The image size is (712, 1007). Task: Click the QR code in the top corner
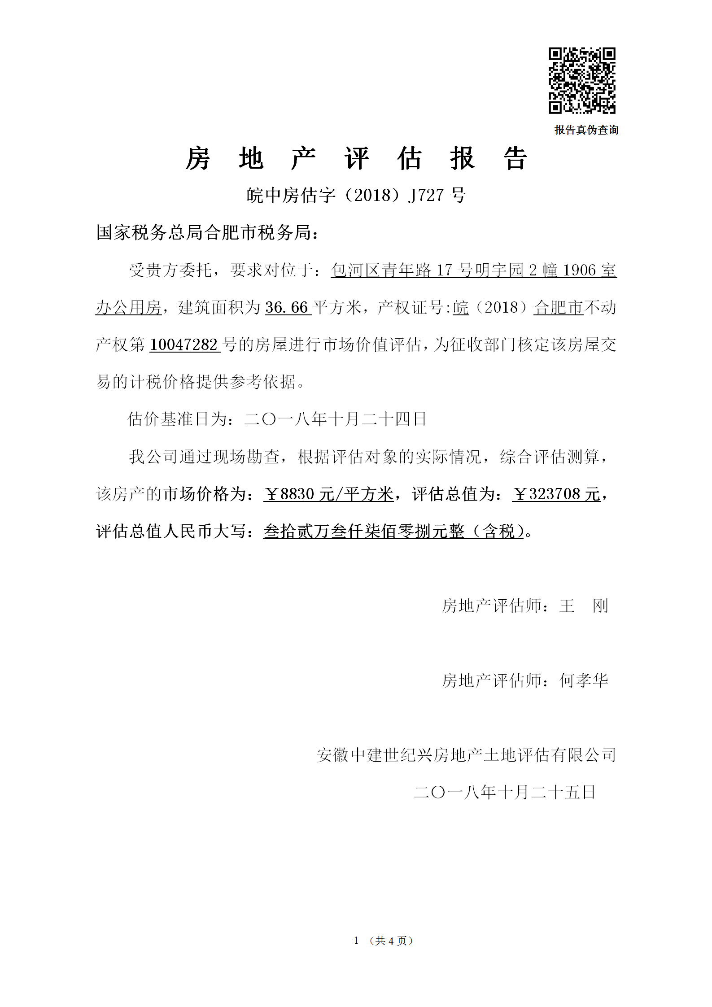[x=582, y=81]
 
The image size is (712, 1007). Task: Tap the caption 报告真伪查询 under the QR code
[x=586, y=130]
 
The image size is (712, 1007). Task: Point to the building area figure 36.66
[x=287, y=308]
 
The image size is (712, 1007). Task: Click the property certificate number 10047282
[x=184, y=345]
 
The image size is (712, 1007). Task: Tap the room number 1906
[x=579, y=270]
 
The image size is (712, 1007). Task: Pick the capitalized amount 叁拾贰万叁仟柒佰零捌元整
[x=363, y=532]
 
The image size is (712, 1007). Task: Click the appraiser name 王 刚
[x=583, y=606]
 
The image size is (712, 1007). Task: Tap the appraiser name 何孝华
[x=583, y=680]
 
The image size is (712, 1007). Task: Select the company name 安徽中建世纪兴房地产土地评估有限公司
[x=466, y=755]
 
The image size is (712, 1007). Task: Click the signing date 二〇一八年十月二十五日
[x=504, y=792]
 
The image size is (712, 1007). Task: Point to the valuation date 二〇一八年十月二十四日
[x=335, y=419]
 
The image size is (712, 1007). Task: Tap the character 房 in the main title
[x=198, y=159]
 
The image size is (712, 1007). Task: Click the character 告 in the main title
[x=515, y=159]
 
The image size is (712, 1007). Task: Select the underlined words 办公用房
[x=128, y=308]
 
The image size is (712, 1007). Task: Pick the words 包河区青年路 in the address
[x=381, y=270]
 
